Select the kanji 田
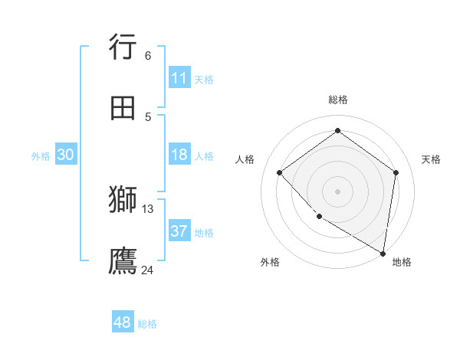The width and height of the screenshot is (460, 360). point(123,108)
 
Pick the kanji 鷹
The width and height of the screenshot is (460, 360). point(123,260)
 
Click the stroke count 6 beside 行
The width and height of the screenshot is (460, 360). point(147,55)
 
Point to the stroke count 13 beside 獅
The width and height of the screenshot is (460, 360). point(148,208)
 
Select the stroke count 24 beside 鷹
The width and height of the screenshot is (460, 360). point(148,270)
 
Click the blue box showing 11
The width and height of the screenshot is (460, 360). point(179,78)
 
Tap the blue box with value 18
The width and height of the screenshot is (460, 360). point(179,155)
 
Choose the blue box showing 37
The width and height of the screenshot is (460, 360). point(179,231)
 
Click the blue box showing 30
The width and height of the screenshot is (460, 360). point(66,155)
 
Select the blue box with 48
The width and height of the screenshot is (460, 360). point(122,322)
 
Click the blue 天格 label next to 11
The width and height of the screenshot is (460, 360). point(204,80)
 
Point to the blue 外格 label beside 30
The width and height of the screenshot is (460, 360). point(41,156)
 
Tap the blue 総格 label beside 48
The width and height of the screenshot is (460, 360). point(147,324)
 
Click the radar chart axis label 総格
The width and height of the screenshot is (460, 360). point(338,100)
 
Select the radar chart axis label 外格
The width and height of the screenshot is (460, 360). point(270,262)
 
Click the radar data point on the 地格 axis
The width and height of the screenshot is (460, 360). point(383,253)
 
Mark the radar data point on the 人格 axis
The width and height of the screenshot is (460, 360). point(280,172)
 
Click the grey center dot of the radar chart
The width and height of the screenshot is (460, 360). point(337,191)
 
